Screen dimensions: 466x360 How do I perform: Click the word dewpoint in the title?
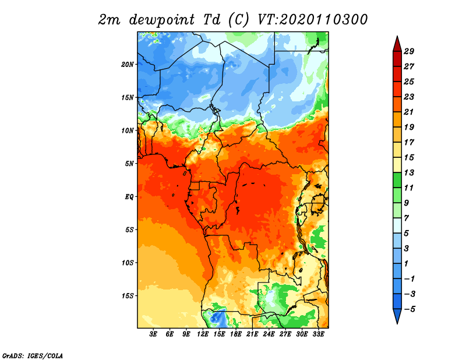point(162,20)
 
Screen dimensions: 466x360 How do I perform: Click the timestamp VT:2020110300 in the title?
point(312,20)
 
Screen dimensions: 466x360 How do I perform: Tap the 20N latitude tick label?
point(127,65)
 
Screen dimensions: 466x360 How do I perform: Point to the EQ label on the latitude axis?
point(129,197)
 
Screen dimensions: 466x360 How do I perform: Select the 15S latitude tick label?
point(128,296)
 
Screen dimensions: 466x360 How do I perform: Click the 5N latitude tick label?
point(129,164)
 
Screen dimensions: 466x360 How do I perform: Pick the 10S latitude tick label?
point(128,263)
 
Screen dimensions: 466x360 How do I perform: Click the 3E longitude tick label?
point(153,334)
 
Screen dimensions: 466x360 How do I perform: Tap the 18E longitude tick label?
point(236,334)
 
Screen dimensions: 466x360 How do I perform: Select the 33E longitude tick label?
point(318,334)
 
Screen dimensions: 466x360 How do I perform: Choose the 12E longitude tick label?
point(203,334)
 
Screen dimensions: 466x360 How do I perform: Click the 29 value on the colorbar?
point(409,51)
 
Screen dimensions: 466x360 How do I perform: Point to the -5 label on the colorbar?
point(409,309)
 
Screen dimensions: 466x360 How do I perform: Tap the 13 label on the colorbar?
point(409,172)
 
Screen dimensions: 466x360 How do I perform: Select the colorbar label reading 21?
point(409,112)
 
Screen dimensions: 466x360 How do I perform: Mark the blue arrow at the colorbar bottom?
point(397,315)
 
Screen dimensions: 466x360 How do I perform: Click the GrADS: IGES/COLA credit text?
point(33,356)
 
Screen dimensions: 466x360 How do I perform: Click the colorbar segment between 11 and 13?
point(397,180)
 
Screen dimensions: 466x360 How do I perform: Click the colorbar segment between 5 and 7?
point(397,225)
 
